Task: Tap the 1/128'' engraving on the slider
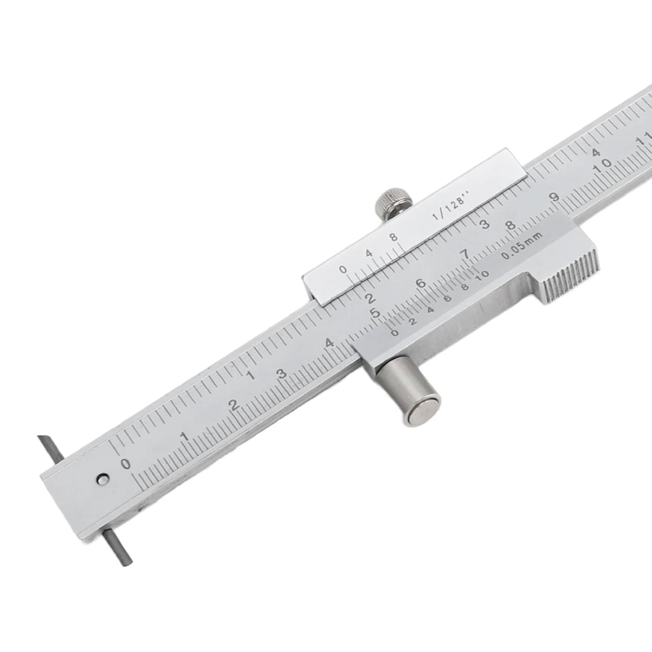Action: [450, 208]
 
